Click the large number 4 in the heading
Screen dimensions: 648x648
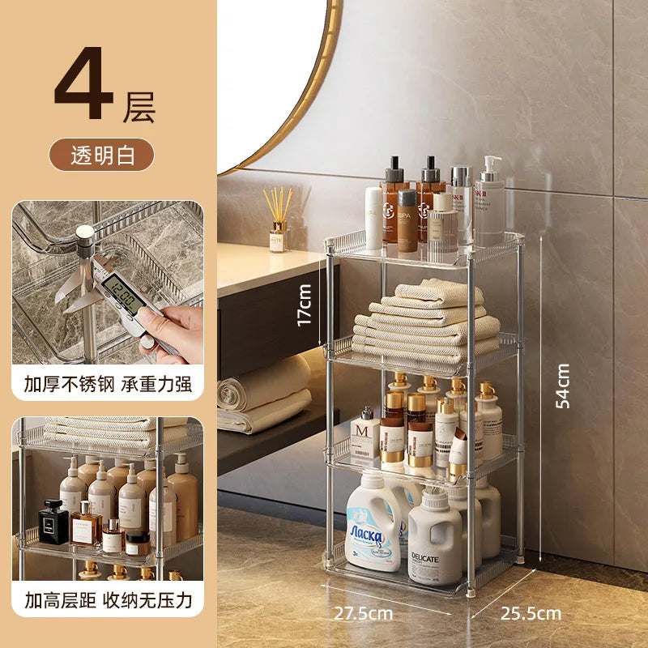(x=83, y=90)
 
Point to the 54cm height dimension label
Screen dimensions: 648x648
(x=563, y=385)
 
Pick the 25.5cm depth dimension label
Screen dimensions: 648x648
(x=531, y=613)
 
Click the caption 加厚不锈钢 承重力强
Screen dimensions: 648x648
(x=108, y=383)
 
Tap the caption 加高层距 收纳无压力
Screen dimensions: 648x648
(x=108, y=600)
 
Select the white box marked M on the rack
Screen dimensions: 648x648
(x=364, y=437)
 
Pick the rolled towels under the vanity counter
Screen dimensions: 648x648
(x=263, y=397)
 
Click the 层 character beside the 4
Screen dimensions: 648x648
(x=139, y=108)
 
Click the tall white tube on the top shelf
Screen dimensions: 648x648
(x=373, y=217)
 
